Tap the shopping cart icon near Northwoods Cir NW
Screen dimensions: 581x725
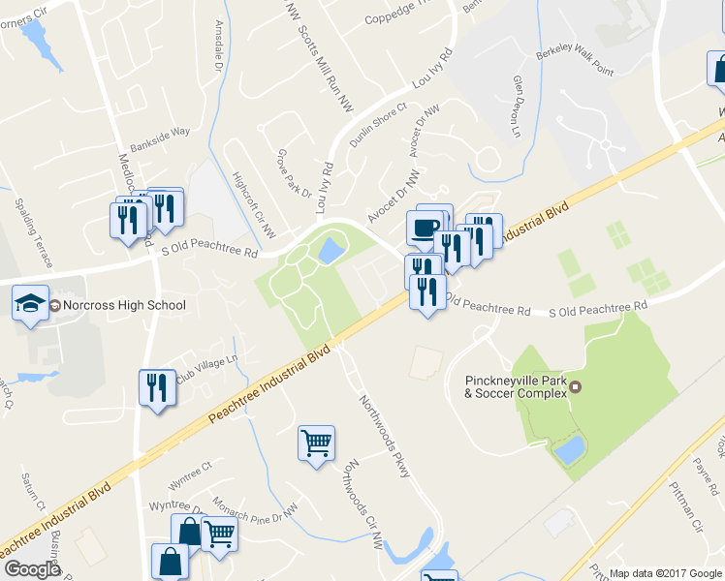pyautogui.click(x=316, y=443)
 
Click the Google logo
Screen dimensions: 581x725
pyautogui.click(x=31, y=569)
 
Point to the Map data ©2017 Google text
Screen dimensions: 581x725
pyautogui.click(x=665, y=573)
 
